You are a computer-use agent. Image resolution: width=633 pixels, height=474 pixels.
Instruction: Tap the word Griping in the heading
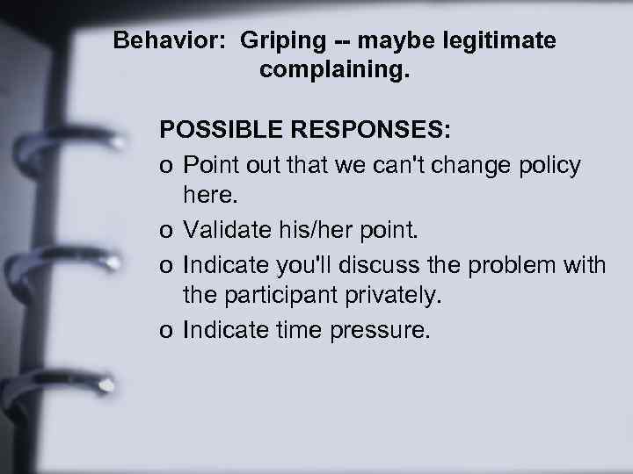pyautogui.click(x=274, y=42)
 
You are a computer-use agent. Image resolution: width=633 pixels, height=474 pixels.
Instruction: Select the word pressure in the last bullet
pyautogui.click(x=388, y=329)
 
